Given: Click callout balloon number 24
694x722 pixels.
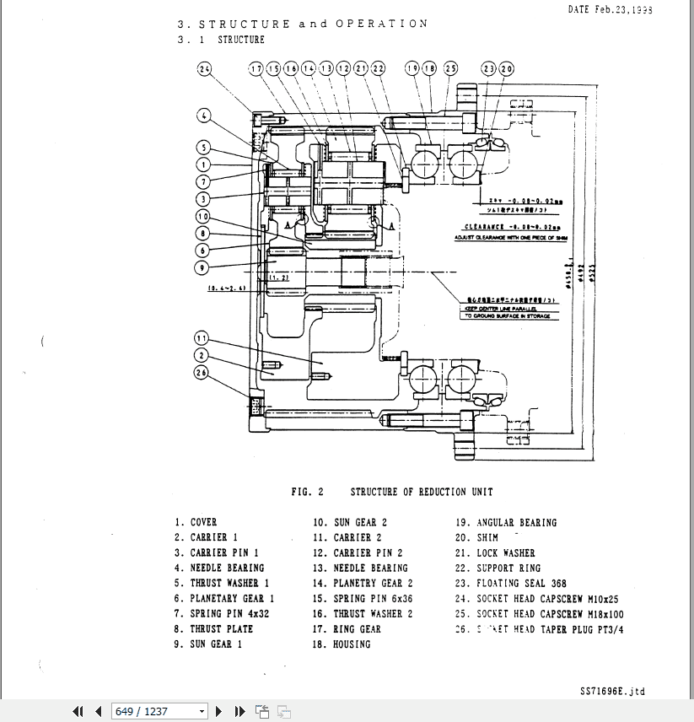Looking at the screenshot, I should pyautogui.click(x=205, y=69).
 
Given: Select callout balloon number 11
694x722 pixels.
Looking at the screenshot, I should pyautogui.click(x=202, y=338).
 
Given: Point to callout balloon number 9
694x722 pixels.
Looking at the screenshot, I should pyautogui.click(x=202, y=268).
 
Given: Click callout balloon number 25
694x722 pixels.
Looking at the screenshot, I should pyautogui.click(x=450, y=68).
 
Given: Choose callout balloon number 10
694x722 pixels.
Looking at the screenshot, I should pyautogui.click(x=202, y=217).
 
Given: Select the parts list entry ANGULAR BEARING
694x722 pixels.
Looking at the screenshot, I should pyautogui.click(x=516, y=523).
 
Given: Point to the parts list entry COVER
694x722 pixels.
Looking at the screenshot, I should pyautogui.click(x=203, y=523).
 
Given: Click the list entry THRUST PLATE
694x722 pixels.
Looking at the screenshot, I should pyautogui.click(x=221, y=629).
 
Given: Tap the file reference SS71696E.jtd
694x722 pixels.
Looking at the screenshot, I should pyautogui.click(x=612, y=691).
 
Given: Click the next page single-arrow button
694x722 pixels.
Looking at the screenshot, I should pyautogui.click(x=219, y=711).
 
